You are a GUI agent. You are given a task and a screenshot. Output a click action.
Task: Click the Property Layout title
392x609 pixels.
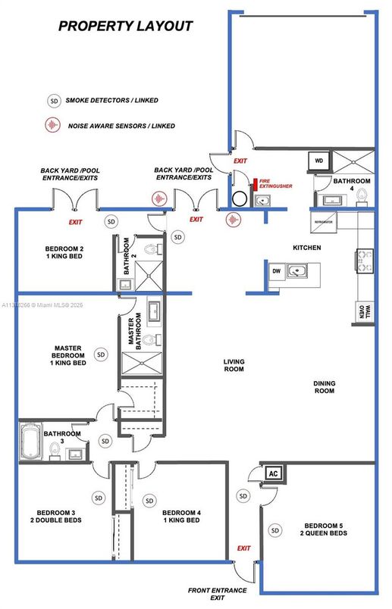(126, 26)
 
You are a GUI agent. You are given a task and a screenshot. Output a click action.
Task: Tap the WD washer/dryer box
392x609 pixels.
(319, 161)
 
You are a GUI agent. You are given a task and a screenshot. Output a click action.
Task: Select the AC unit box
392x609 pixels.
(273, 473)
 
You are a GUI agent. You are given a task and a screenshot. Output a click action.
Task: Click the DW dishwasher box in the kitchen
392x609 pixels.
(275, 270)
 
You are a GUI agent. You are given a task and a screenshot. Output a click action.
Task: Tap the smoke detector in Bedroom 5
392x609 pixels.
(274, 529)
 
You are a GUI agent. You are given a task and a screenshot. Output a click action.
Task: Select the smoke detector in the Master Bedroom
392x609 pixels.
(99, 353)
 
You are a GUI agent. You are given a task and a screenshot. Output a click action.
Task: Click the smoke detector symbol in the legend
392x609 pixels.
(54, 100)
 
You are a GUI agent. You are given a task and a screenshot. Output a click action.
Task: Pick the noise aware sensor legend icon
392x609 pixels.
(54, 125)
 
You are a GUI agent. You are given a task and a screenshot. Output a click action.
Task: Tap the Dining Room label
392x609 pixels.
(324, 388)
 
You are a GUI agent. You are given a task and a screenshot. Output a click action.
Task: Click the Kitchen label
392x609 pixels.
(307, 248)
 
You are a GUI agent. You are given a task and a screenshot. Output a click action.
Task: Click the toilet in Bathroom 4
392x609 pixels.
(363, 196)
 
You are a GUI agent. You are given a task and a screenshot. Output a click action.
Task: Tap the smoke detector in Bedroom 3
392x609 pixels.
(99, 498)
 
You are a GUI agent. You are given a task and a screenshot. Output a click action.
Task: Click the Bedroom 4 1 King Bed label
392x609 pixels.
(181, 517)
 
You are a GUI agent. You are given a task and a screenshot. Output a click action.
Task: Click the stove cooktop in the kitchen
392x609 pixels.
(364, 261)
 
